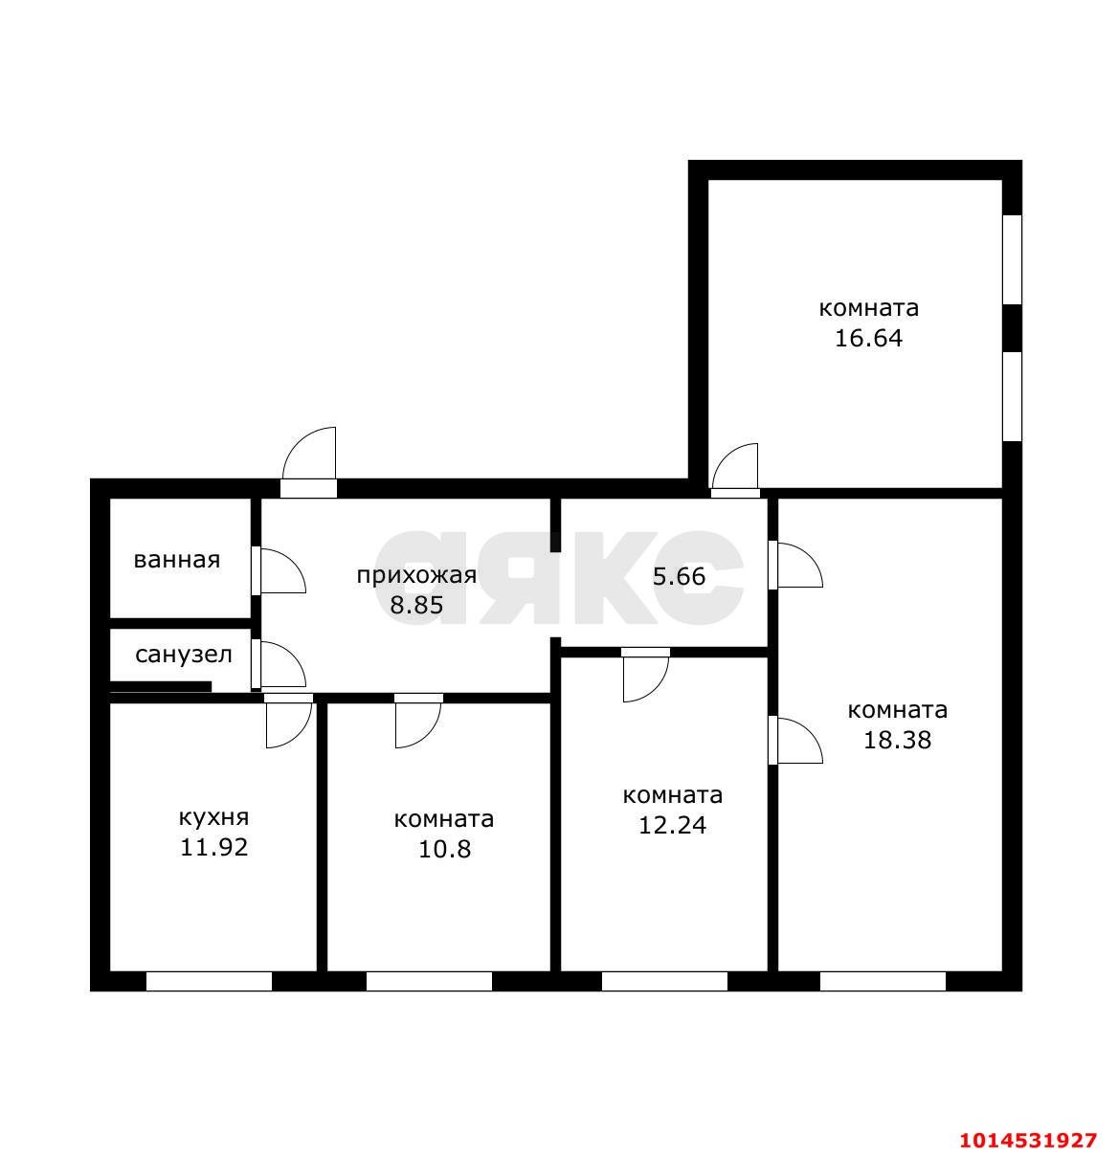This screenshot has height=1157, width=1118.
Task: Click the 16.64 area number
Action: (868, 338)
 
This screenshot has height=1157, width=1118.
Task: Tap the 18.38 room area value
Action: (897, 740)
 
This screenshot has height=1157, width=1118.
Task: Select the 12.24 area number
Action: (672, 825)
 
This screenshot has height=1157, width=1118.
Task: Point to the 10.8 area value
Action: (444, 849)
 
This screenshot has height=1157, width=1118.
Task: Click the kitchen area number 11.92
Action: (213, 847)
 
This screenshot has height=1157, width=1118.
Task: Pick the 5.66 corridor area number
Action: (679, 576)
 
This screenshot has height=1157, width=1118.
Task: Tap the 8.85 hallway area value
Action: (416, 605)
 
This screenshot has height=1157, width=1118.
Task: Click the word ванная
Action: (177, 560)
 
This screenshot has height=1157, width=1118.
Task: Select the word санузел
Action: (183, 655)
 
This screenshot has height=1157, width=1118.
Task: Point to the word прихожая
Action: (416, 576)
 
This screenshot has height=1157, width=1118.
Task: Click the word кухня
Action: (213, 818)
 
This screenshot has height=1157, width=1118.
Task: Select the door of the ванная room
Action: (278, 570)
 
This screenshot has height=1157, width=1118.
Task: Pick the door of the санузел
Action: (278, 665)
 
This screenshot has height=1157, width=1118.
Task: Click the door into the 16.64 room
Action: (735, 471)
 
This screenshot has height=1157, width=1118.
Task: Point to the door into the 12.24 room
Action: (645, 676)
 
